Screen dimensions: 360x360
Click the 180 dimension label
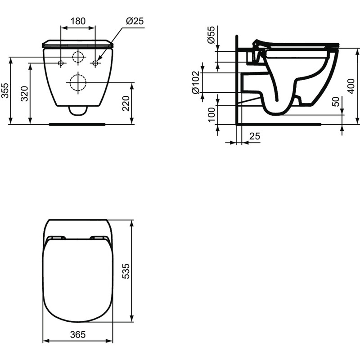(78, 22)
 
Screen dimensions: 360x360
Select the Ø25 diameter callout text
(135, 22)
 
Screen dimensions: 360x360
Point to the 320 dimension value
(25, 93)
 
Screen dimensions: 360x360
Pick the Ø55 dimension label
(210, 34)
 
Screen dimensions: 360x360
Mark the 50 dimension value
(336, 102)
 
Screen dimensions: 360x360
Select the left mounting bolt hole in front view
(61, 63)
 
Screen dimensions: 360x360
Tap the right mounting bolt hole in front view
(95, 63)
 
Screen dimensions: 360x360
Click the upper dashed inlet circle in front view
(78, 57)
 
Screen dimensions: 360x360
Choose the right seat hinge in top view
(99, 238)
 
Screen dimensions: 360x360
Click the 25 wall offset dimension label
(254, 135)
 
